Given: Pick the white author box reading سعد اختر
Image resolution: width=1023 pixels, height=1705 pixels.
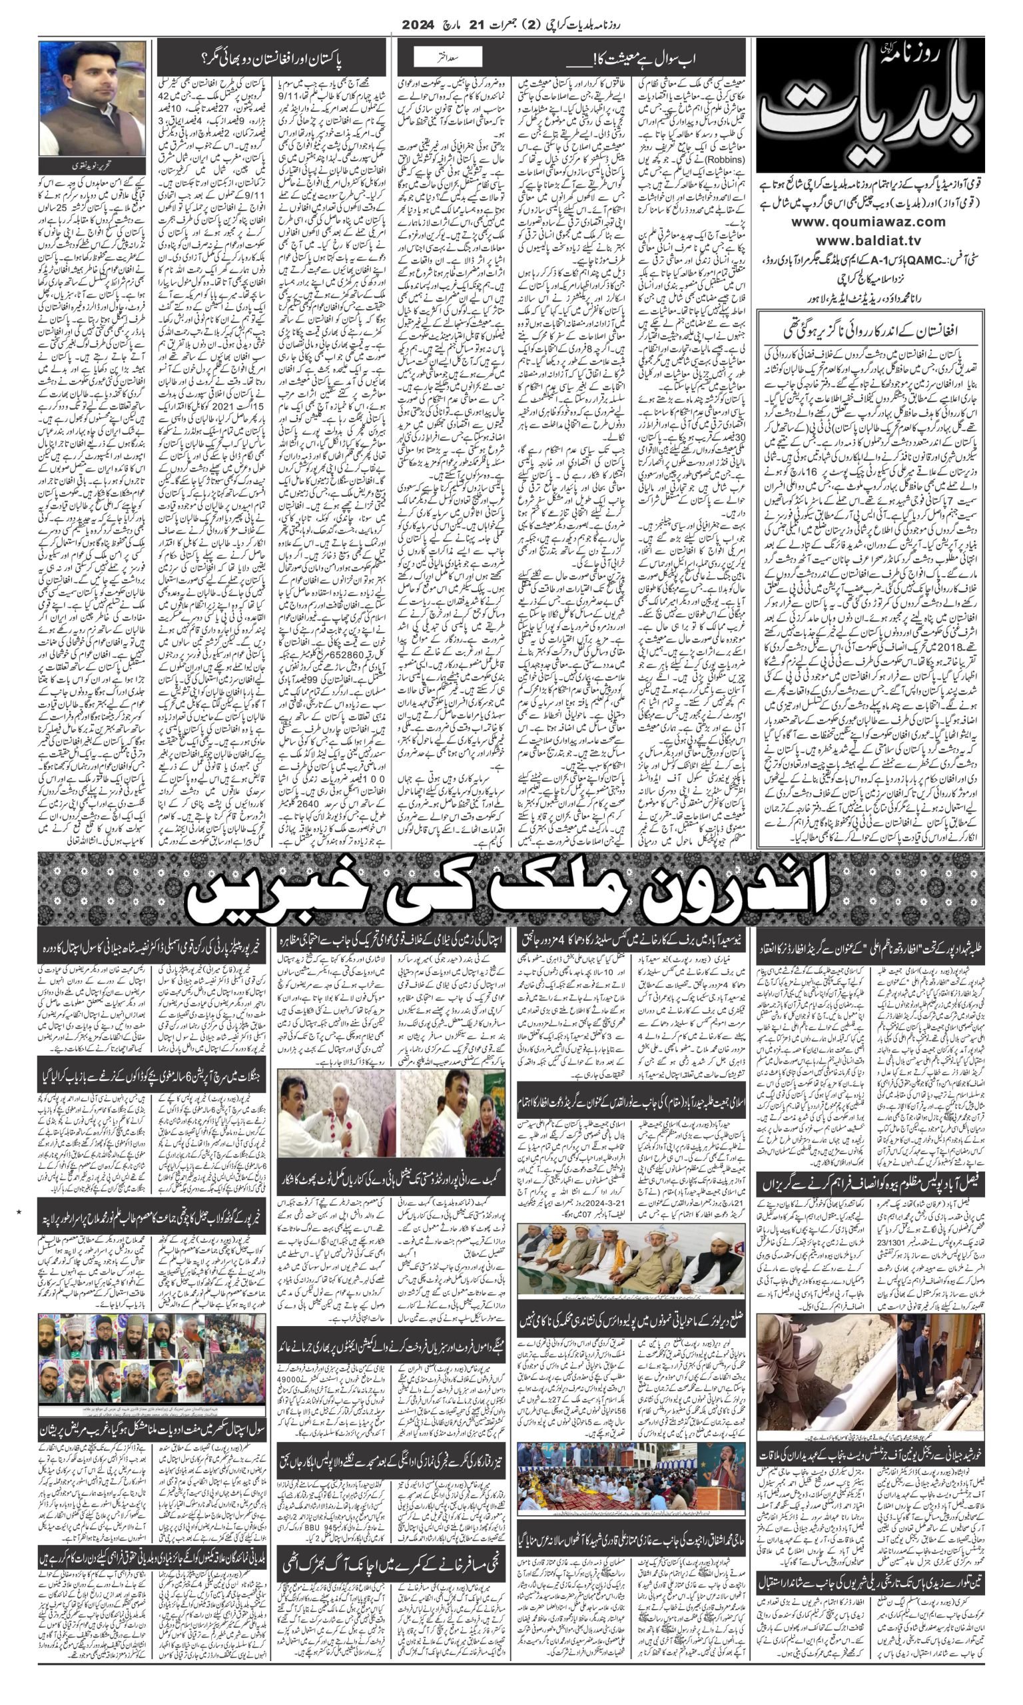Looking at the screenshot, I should point(448,57).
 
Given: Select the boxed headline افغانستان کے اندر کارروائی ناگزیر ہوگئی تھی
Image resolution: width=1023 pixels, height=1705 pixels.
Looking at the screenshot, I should point(870,332).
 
